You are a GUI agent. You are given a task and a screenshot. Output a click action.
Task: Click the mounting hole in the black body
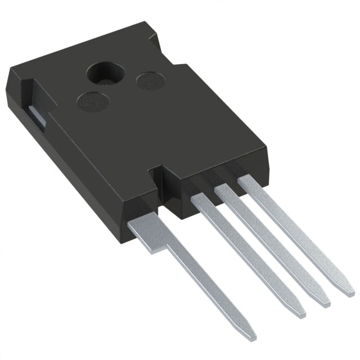(x=104, y=74)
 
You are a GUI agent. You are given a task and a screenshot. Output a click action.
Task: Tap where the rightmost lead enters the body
(x=246, y=181)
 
